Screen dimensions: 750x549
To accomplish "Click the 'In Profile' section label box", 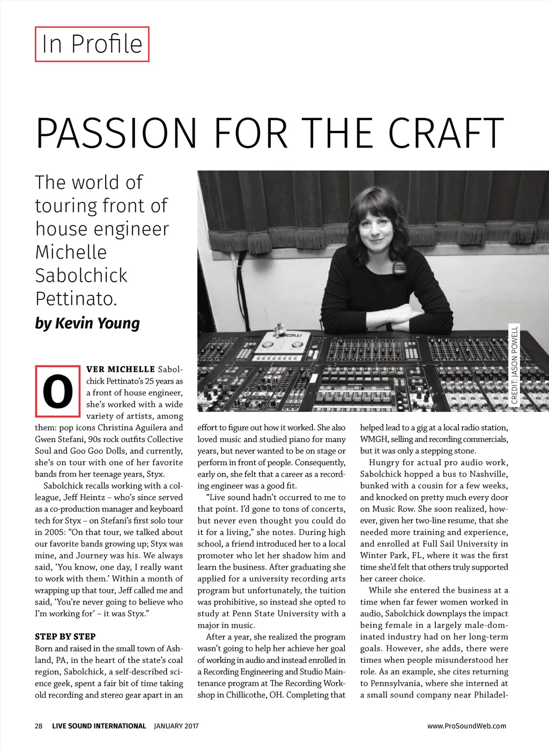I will tap(92, 44).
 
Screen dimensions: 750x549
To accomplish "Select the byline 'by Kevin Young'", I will tap(87, 323).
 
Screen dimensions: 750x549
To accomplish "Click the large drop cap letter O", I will tap(57, 391).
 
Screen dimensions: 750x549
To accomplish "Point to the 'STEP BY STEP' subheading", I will tap(65, 637).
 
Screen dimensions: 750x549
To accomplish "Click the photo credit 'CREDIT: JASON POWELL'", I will tap(515, 365).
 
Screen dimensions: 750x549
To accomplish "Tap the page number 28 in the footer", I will tap(39, 726).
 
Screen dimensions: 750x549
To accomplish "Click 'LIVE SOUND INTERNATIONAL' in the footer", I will tap(99, 726).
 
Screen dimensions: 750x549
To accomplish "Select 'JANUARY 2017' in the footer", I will tap(176, 726).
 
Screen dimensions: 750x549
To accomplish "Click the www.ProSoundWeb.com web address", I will tap(466, 726).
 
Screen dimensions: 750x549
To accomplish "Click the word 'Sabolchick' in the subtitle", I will tap(81, 275).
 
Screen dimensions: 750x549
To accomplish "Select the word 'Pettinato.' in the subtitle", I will tap(76, 299).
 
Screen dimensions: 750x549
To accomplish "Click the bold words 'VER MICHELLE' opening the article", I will tap(121, 369).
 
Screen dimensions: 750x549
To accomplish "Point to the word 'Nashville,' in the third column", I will tap(488, 474).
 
